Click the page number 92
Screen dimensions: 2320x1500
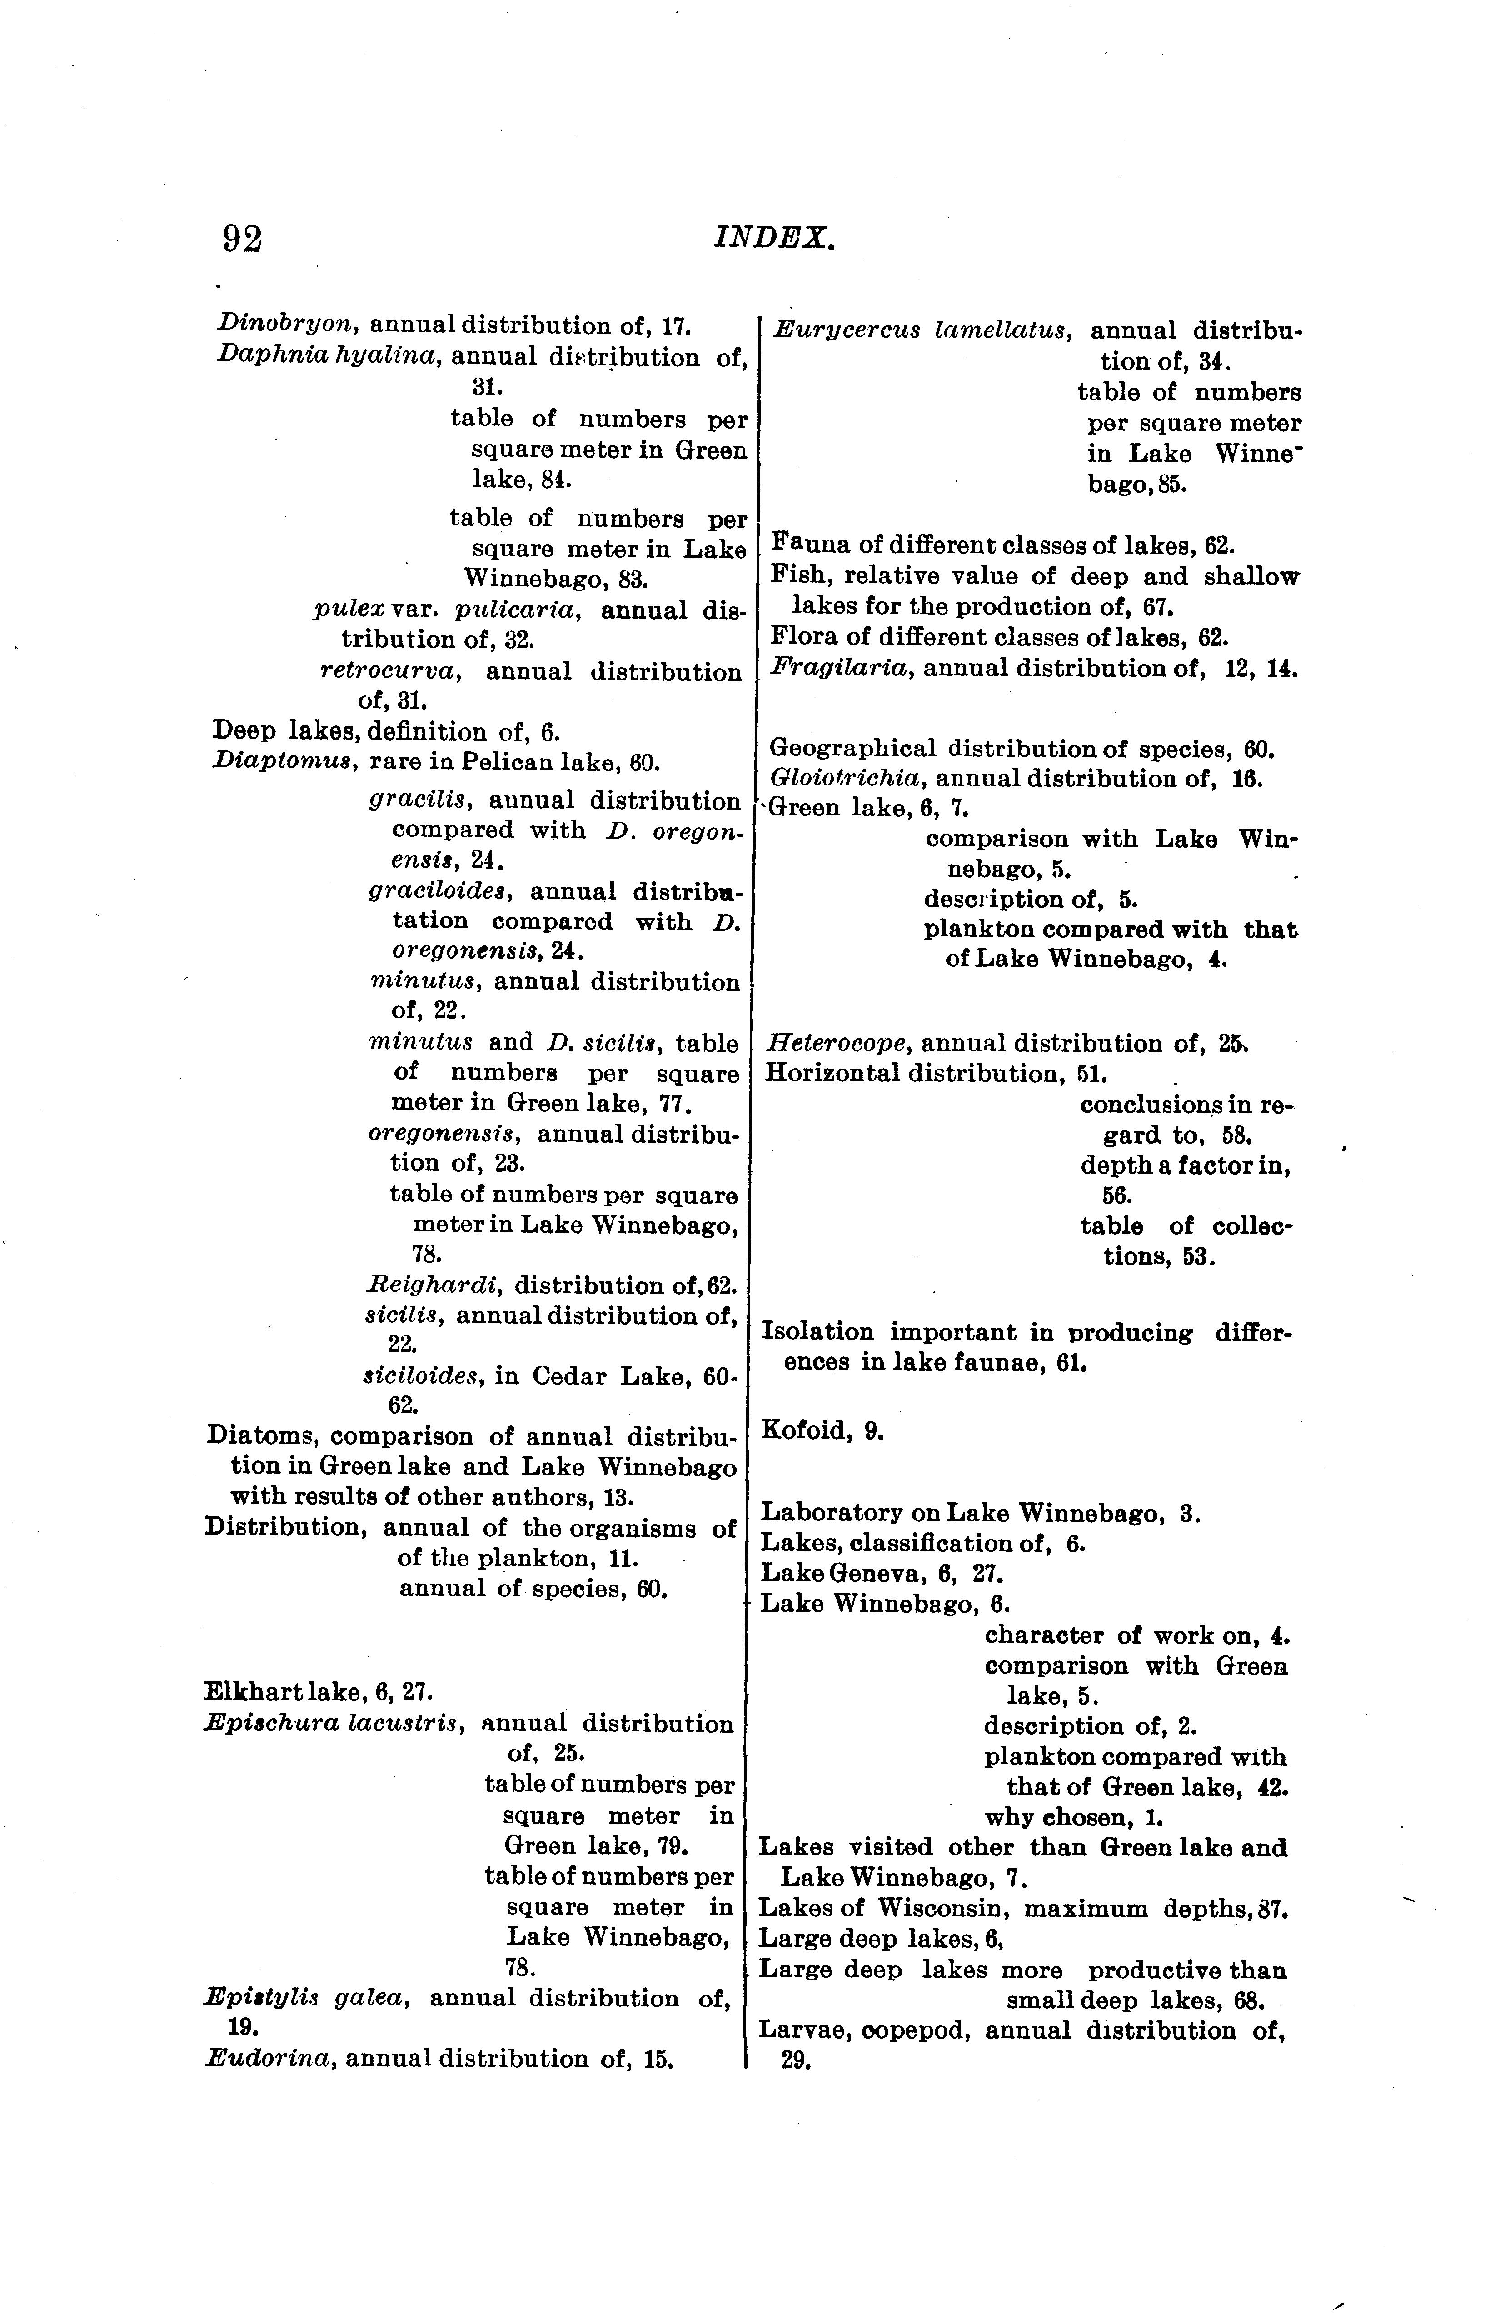pyautogui.click(x=243, y=239)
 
